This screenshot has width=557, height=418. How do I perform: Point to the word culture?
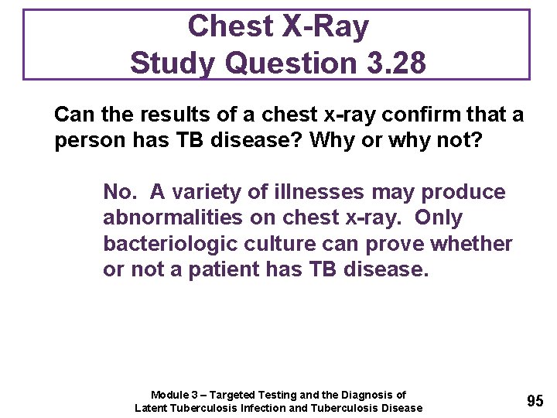[283, 244]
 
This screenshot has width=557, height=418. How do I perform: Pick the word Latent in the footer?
[152, 408]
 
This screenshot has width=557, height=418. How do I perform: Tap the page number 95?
[535, 401]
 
